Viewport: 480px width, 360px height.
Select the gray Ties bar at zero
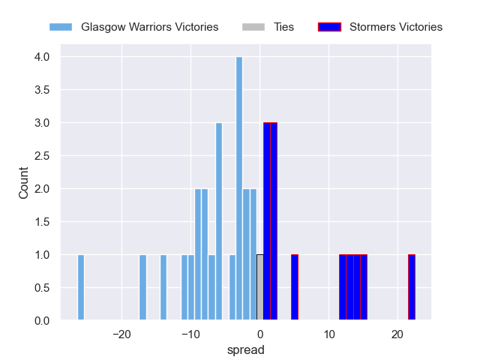tap(260, 288)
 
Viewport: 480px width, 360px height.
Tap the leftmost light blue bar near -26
tap(81, 288)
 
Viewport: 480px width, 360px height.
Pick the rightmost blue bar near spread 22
tap(412, 288)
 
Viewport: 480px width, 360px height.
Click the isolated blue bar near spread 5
tap(295, 288)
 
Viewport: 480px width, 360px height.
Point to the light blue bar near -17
tap(142, 288)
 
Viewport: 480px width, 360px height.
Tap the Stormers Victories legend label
tap(396, 27)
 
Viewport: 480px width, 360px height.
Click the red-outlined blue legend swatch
tap(329, 27)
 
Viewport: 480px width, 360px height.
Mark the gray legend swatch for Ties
tap(253, 27)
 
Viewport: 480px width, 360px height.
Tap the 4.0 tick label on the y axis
tap(41, 57)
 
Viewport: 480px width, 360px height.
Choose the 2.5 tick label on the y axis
tap(41, 156)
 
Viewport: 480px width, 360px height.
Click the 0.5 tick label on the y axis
tap(41, 288)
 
